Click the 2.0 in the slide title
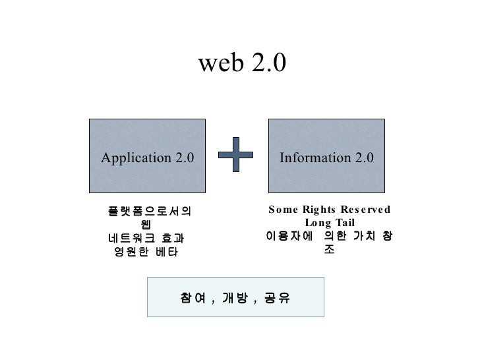[x=268, y=63]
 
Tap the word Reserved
[x=366, y=210]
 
